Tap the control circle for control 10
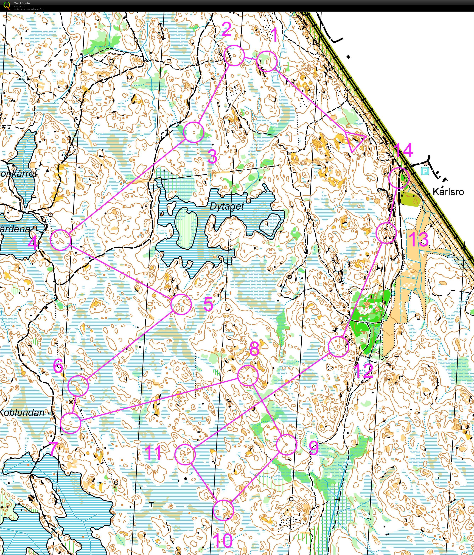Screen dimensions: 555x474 tap(223, 510)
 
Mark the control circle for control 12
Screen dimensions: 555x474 tap(338, 347)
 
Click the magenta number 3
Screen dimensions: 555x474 tap(212, 157)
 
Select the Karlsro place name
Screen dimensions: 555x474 tap(448, 192)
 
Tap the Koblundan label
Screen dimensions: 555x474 tap(22, 412)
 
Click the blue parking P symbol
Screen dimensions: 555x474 tap(425, 171)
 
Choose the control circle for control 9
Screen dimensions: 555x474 tap(286, 445)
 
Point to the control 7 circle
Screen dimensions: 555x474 tap(70, 423)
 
